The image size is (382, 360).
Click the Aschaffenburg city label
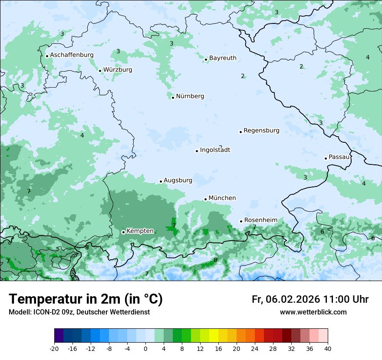tap(72, 55)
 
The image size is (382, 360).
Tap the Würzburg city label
tap(118, 70)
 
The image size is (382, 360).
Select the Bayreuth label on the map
tap(223, 58)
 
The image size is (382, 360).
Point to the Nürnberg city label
tap(190, 96)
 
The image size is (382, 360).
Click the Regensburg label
tap(261, 131)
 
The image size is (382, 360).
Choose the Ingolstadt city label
tap(215, 150)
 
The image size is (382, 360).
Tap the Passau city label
tap(339, 157)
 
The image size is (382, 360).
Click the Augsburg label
tap(178, 180)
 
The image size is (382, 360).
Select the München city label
tap(222, 198)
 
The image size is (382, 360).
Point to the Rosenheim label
tap(260, 220)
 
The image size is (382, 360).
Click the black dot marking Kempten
tap(123, 232)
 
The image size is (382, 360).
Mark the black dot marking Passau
tap(326, 158)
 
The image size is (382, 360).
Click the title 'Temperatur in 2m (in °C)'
tap(86, 299)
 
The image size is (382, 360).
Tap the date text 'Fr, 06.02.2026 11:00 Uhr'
tap(310, 300)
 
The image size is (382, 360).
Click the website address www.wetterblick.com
tap(313, 312)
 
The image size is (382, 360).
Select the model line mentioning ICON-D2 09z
tap(79, 312)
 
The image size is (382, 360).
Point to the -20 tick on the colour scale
tap(54, 349)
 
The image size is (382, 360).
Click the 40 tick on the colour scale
tap(328, 349)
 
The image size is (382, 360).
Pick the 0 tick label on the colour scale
tap(145, 349)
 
